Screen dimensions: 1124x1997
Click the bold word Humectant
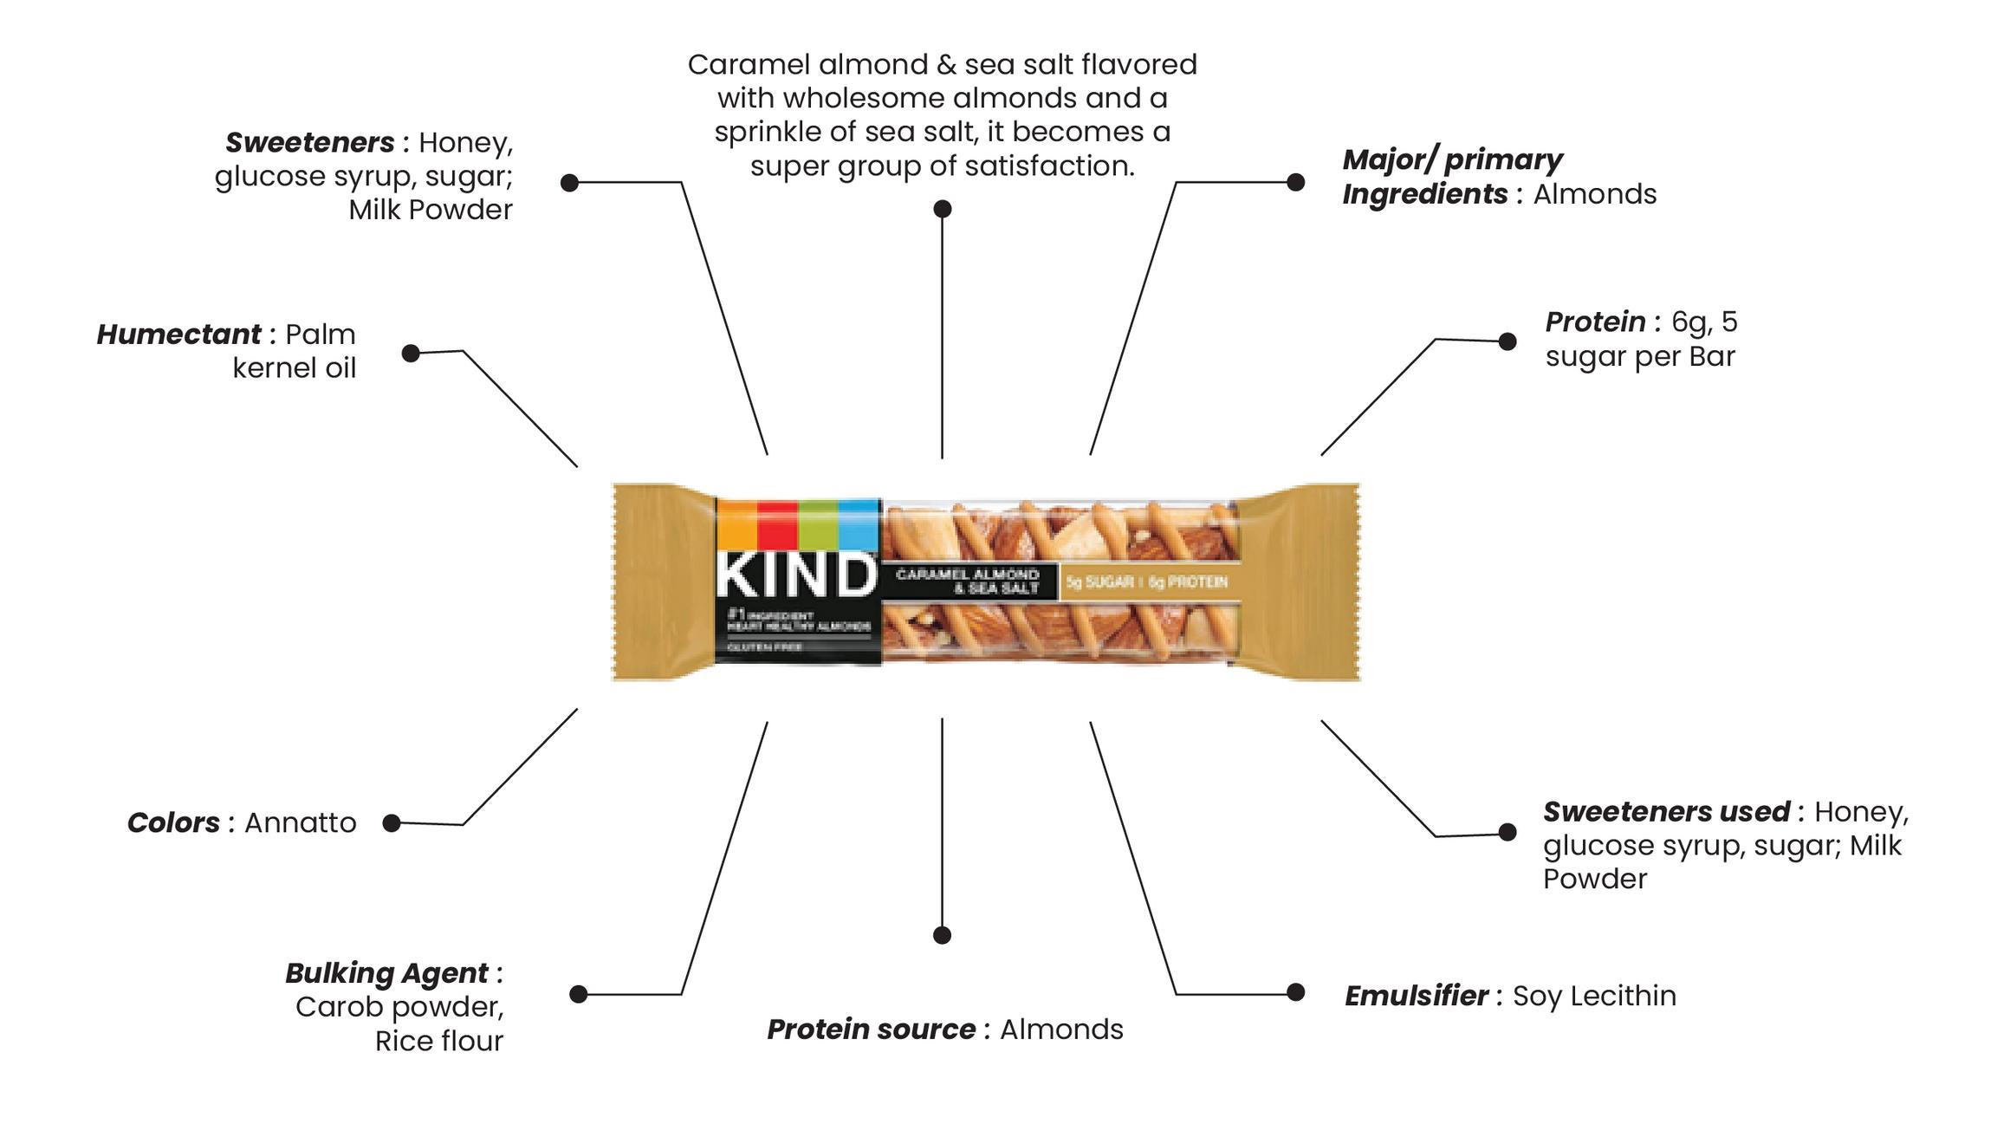click(x=178, y=335)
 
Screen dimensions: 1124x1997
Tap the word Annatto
click(x=300, y=822)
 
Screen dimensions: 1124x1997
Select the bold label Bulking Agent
click(x=386, y=973)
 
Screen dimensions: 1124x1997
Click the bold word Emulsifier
click(x=1416, y=996)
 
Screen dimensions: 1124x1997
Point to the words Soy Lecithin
click(x=1593, y=996)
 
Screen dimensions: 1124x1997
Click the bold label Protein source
click(x=870, y=1030)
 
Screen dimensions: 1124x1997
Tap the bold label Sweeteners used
click(x=1665, y=812)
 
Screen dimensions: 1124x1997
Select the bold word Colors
click(x=173, y=822)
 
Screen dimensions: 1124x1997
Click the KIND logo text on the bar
click(x=795, y=575)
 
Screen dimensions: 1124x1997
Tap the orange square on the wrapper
click(x=736, y=523)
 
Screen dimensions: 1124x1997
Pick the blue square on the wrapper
click(x=859, y=523)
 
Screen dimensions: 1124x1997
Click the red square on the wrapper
click(x=777, y=523)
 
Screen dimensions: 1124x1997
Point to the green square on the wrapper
click(x=818, y=523)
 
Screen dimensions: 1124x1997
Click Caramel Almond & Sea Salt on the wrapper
click(x=968, y=581)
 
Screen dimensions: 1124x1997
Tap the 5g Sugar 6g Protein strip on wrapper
click(x=1146, y=581)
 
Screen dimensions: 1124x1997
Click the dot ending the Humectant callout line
click(x=411, y=353)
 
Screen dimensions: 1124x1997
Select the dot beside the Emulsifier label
click(x=1295, y=992)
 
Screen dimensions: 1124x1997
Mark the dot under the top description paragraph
click(x=943, y=209)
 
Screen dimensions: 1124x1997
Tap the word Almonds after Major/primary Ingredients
click(x=1594, y=194)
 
